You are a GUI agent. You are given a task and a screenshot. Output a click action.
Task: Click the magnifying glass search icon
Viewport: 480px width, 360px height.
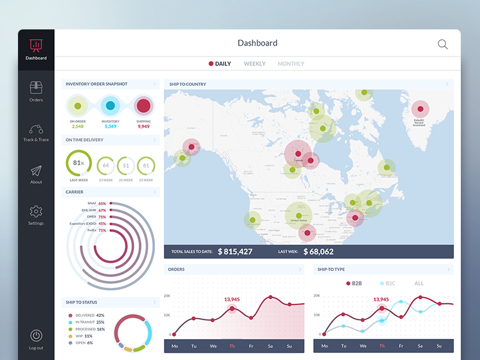pos(443,44)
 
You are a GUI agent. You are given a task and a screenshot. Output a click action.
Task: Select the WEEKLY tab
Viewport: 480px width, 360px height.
pos(254,64)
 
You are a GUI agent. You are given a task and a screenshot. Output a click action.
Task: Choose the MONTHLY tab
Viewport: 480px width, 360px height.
pos(291,64)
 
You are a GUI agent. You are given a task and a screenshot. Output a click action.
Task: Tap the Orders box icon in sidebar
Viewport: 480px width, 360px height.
pos(36,88)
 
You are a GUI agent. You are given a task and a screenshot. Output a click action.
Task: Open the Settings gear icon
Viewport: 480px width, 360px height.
pos(36,211)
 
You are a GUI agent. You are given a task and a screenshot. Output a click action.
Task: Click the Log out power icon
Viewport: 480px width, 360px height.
pos(36,336)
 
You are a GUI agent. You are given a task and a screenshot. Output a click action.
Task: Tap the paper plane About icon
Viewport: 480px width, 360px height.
pos(36,170)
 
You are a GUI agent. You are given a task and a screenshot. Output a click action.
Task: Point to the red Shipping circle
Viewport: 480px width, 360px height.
pos(143,106)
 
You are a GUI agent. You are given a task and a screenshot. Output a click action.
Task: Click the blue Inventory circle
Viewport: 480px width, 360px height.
pos(110,106)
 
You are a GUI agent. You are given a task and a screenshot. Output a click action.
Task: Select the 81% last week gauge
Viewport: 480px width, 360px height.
pos(78,163)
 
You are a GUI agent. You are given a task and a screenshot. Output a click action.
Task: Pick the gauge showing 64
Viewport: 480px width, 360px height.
pos(106,166)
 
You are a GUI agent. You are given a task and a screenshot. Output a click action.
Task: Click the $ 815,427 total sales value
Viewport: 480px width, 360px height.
pos(235,252)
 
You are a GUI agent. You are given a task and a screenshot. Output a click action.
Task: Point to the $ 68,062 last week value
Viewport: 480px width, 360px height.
pos(319,252)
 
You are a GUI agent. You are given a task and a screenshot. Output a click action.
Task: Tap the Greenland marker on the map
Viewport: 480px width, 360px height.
pos(420,109)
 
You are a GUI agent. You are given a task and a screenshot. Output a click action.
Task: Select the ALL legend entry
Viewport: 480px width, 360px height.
pos(419,283)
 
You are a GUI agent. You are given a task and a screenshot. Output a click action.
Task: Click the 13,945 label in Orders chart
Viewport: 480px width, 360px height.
pos(232,299)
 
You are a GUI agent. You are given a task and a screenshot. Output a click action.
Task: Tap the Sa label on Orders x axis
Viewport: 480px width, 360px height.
pos(271,346)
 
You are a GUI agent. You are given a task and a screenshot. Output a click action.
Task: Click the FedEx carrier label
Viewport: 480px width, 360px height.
pos(92,230)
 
